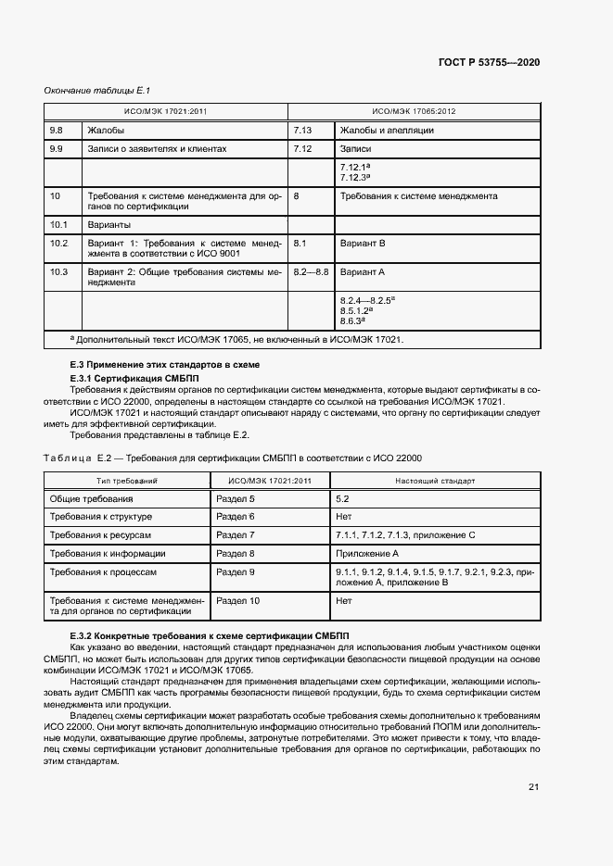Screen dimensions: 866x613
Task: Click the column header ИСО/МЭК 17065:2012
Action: click(413, 111)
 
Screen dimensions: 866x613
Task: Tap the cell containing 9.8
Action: click(56, 131)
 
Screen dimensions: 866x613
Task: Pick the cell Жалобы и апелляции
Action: click(387, 131)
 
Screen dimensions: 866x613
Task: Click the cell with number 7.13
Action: click(302, 131)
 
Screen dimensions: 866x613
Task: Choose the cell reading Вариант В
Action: click(363, 244)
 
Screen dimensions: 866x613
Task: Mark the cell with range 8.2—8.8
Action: click(311, 272)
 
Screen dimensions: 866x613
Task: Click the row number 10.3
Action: click(58, 272)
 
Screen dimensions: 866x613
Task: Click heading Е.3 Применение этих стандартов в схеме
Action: click(165, 366)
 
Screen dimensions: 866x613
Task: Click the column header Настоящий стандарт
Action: click(434, 482)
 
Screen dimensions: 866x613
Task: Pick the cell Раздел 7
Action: click(235, 535)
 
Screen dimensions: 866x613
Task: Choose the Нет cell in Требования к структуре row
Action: click(345, 517)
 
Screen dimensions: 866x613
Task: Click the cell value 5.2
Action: click(342, 499)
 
